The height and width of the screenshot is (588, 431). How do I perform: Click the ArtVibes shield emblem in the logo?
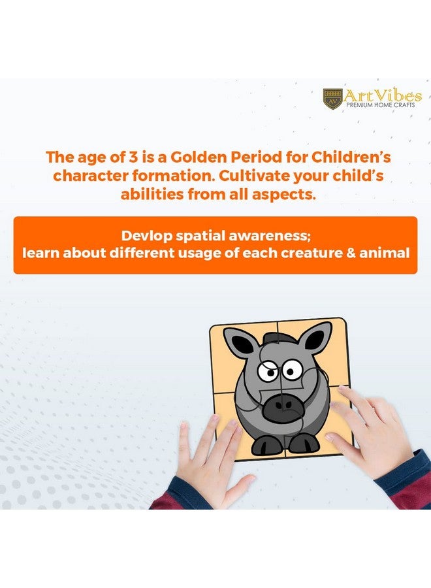[x=333, y=98]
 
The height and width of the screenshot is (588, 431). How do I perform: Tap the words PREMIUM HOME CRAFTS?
[x=381, y=105]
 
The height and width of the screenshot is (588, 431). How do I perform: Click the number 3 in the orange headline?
[x=133, y=157]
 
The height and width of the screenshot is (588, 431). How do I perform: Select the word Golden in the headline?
[x=199, y=157]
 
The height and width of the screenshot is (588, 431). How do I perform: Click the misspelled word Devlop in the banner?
[x=146, y=237]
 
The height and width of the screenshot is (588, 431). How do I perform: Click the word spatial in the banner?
[x=200, y=237]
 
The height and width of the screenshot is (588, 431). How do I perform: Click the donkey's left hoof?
[x=266, y=446]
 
